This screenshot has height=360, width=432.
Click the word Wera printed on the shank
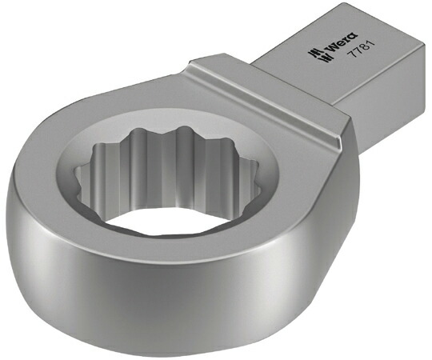341,43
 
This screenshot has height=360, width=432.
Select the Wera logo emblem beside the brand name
317,56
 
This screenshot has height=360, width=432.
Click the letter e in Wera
340,44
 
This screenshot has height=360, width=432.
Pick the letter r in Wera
346,40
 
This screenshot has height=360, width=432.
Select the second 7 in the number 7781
357,53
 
